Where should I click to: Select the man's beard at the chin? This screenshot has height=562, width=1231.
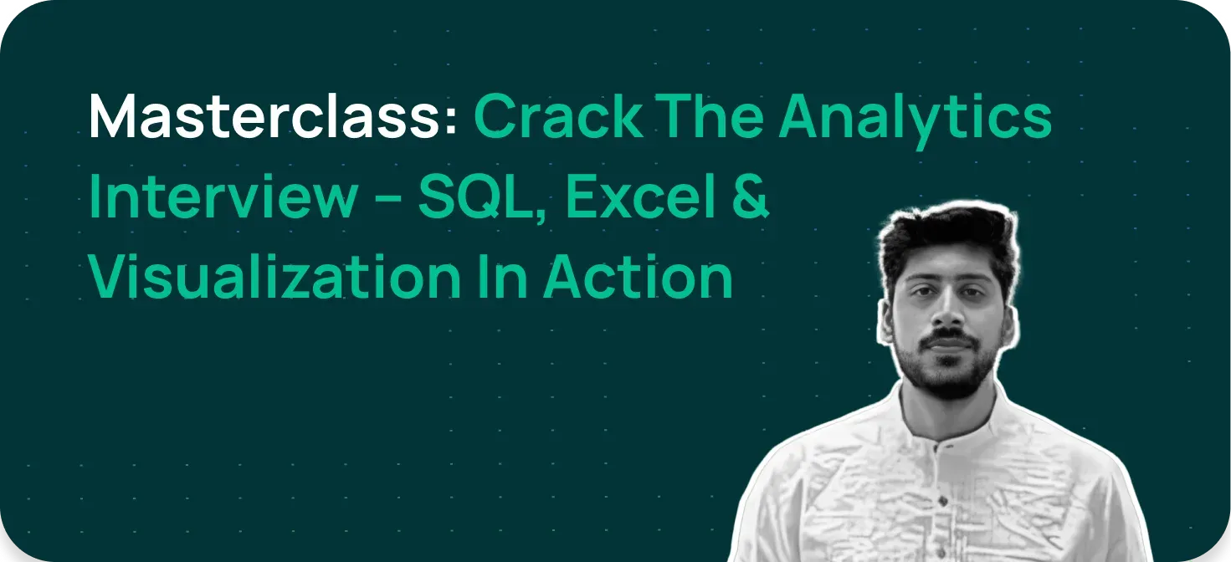[x=950, y=381]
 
